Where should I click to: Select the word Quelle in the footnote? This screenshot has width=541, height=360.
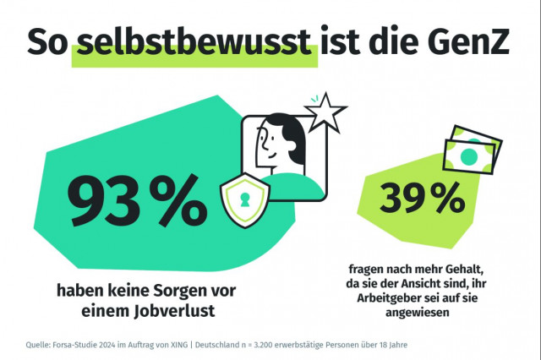tap(37, 344)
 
